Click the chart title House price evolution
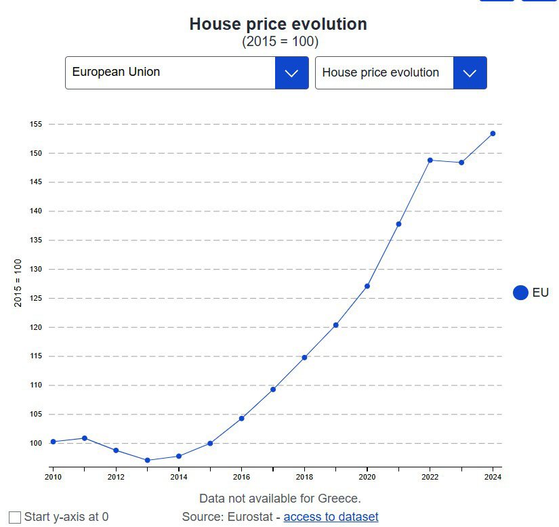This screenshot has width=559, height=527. point(278,24)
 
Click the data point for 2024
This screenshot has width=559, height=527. point(493,133)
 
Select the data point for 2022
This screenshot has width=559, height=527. point(430,160)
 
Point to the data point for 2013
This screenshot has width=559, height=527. point(148,460)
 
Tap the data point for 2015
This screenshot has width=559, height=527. point(210,443)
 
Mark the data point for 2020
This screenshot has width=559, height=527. point(367,286)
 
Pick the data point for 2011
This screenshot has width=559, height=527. point(85,438)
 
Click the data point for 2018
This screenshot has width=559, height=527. point(304,357)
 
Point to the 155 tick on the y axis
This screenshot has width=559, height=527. point(36,125)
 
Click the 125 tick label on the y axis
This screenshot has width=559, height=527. point(36,299)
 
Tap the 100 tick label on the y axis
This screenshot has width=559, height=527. point(36,444)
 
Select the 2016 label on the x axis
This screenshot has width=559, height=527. point(241,477)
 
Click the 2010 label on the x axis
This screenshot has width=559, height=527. point(53,477)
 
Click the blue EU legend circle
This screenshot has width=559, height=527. point(520,293)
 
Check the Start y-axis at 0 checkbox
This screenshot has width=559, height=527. point(15,518)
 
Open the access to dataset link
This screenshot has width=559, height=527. point(331,517)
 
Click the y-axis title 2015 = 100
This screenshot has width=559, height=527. point(18,282)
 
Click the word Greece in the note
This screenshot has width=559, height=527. point(338,499)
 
